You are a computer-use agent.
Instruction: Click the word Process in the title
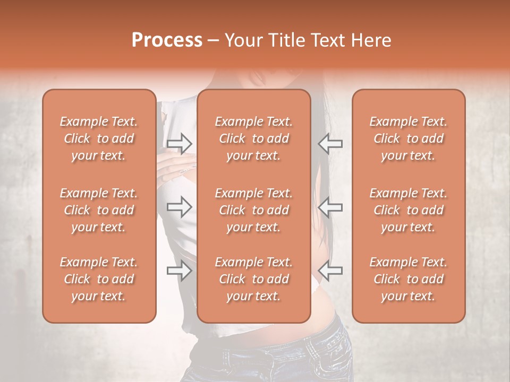pyautogui.click(x=167, y=40)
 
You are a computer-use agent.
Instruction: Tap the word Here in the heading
pyautogui.click(x=370, y=40)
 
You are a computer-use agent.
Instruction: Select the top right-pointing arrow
pyautogui.click(x=180, y=143)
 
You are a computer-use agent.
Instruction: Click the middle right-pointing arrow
pyautogui.click(x=180, y=207)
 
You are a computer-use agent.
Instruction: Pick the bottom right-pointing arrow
pyautogui.click(x=180, y=271)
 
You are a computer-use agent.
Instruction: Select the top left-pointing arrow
pyautogui.click(x=330, y=143)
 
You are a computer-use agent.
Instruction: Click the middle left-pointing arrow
pyautogui.click(x=330, y=207)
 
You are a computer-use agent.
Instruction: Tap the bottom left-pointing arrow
pyautogui.click(x=330, y=271)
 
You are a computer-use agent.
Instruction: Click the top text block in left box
pyautogui.click(x=99, y=138)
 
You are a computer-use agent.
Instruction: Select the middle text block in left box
pyautogui.click(x=99, y=210)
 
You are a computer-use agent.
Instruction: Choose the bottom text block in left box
pyautogui.click(x=99, y=279)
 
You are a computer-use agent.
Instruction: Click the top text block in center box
pyautogui.click(x=254, y=138)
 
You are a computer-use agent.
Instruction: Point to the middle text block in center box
pyautogui.click(x=254, y=210)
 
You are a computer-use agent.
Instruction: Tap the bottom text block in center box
pyautogui.click(x=254, y=279)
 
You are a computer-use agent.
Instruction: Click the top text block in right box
pyautogui.click(x=409, y=138)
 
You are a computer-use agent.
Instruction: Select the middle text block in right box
pyautogui.click(x=409, y=210)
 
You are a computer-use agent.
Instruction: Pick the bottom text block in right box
pyautogui.click(x=409, y=279)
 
